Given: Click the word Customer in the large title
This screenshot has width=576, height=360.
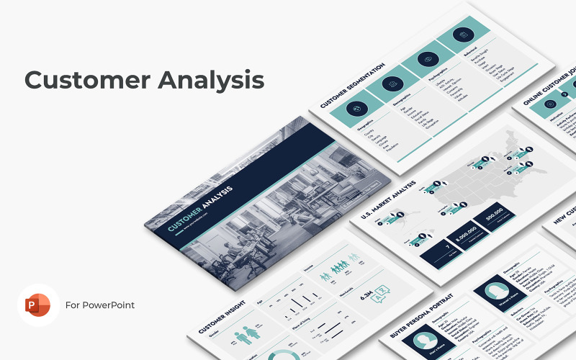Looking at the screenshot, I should tap(80, 80).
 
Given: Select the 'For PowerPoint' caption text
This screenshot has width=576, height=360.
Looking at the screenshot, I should tap(100, 305).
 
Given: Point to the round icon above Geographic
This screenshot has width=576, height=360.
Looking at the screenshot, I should tap(357, 107).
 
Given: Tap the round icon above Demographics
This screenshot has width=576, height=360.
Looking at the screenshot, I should tap(393, 85).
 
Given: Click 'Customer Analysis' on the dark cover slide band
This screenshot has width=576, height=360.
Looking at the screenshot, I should tap(201, 210).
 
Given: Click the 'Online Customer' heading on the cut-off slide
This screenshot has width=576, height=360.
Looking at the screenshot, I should tap(547, 101).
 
